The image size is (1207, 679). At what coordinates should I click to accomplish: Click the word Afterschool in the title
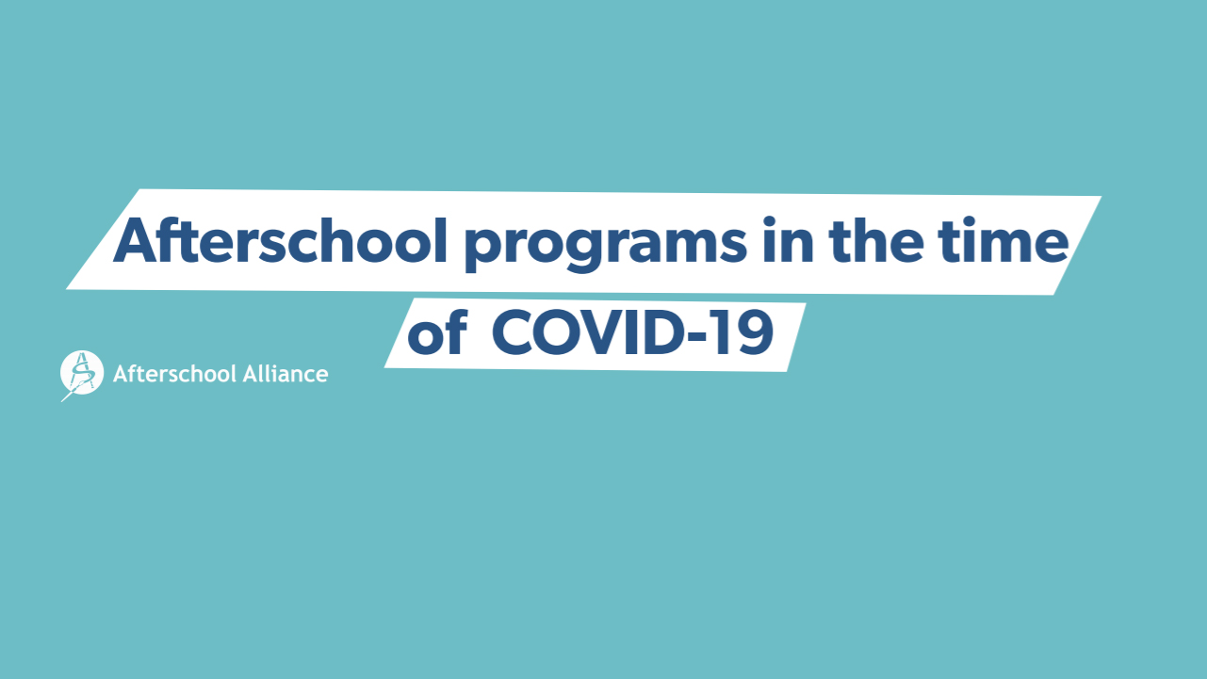(x=280, y=241)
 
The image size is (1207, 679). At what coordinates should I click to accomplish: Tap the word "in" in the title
(x=788, y=240)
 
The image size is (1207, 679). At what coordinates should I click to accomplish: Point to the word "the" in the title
(x=876, y=240)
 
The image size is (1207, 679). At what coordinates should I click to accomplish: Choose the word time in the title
(x=1003, y=240)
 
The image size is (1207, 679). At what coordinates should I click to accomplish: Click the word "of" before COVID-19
(x=437, y=332)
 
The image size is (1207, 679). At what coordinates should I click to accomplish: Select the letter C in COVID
(x=513, y=332)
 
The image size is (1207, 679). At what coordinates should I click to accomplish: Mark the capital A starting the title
(x=136, y=241)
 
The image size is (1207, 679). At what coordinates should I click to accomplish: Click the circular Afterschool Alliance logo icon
(x=81, y=373)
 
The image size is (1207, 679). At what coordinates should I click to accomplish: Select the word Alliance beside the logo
(x=285, y=373)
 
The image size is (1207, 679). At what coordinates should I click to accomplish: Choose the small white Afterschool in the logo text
(x=175, y=373)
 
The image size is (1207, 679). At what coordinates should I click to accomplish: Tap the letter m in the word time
(x=1005, y=245)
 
